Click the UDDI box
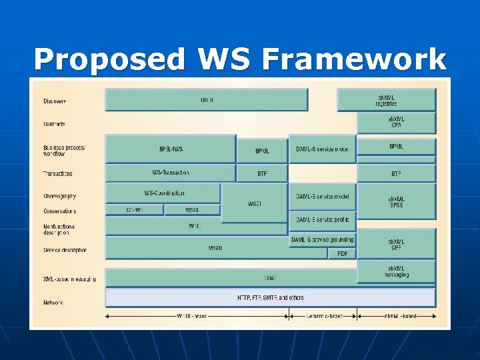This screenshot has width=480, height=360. click(x=207, y=100)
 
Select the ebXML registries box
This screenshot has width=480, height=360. click(x=386, y=100)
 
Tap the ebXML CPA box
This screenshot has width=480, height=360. click(x=396, y=122)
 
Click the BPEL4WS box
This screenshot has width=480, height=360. click(x=171, y=149)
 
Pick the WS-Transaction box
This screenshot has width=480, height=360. click(x=171, y=173)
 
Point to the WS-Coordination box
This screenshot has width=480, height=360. click(x=163, y=193)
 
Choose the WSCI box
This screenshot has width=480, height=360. click(x=254, y=203)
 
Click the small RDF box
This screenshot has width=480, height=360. click(x=343, y=253)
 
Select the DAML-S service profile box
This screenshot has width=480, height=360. click(x=323, y=219)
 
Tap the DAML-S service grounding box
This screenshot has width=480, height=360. click(x=323, y=239)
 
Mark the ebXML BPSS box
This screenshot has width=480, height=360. click(x=396, y=201)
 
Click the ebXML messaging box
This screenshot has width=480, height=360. click(x=396, y=271)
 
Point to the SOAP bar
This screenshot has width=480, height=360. click(x=270, y=277)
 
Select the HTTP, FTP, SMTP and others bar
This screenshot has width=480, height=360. click(x=270, y=297)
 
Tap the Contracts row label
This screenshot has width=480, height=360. click(x=54, y=124)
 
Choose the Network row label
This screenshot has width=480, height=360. click(x=53, y=303)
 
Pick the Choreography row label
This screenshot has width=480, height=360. click(x=59, y=196)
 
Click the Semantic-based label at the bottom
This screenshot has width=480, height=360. click(x=324, y=316)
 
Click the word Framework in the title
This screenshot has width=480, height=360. click(x=354, y=60)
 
